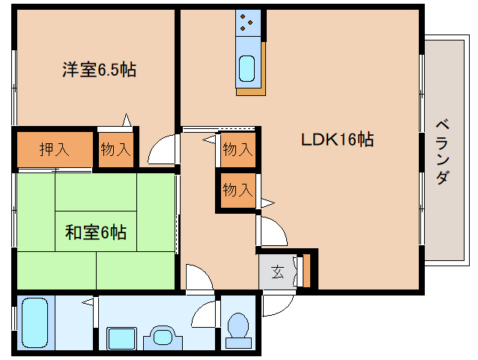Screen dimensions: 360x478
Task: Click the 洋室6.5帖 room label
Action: pyautogui.click(x=98, y=70)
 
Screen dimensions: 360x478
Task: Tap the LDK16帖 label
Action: pyautogui.click(x=337, y=139)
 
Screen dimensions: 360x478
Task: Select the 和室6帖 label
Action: pyautogui.click(x=95, y=232)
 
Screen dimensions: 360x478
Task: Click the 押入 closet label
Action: pyautogui.click(x=54, y=148)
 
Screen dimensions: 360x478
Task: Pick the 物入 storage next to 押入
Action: pyautogui.click(x=116, y=148)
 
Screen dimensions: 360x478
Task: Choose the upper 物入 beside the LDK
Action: pyautogui.click(x=238, y=149)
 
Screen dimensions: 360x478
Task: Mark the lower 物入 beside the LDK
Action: pyautogui.click(x=238, y=190)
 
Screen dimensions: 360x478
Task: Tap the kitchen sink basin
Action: pyautogui.click(x=247, y=68)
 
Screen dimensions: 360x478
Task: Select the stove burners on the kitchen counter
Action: pyautogui.click(x=247, y=23)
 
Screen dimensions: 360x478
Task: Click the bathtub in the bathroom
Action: pyautogui.click(x=34, y=323)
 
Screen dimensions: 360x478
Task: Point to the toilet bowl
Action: pyautogui.click(x=238, y=327)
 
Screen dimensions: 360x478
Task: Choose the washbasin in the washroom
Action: pyautogui.click(x=162, y=336)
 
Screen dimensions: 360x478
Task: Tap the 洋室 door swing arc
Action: pyautogui.click(x=162, y=151)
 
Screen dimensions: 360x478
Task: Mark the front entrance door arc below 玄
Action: pyautogui.click(x=276, y=304)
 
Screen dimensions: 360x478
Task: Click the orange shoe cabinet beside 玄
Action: pyautogui.click(x=306, y=271)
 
